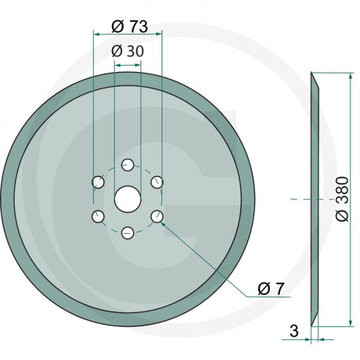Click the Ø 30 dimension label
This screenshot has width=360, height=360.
pos(127,51)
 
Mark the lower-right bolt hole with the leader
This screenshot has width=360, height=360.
pos(157,217)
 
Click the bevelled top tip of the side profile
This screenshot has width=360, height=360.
pos(312,77)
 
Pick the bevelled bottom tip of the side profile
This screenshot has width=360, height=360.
pos(312,321)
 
